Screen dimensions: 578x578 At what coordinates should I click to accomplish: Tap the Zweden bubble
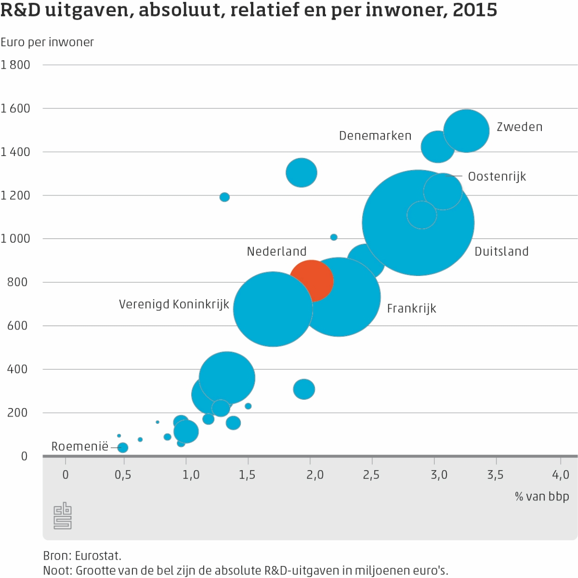pos(466,131)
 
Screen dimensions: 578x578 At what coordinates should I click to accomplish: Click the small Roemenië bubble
pos(123,447)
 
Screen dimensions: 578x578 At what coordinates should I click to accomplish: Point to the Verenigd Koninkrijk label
pos(174,304)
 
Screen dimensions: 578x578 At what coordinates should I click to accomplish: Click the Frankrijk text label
pos(411,308)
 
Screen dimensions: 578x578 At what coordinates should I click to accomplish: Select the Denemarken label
pos(375,136)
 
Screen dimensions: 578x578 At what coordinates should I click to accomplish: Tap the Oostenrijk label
pos(497,176)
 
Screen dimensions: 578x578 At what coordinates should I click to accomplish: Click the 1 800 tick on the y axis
pos(15,65)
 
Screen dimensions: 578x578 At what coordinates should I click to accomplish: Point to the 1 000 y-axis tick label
pos(15,238)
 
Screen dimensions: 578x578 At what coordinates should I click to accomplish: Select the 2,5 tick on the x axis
pos(371,475)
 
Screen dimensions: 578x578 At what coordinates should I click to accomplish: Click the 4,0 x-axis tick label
pos(561,475)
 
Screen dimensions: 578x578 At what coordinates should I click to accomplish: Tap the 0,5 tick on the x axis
pos(123,475)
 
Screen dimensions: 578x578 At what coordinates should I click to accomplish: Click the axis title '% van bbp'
pos(542,496)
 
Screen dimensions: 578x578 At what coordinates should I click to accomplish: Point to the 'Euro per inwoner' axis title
pos(47,42)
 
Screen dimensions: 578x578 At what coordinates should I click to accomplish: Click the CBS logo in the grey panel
pos(63,516)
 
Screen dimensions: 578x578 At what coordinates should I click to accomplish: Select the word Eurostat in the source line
pos(98,556)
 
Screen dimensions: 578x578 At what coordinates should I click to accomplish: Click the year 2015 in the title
pos(475,10)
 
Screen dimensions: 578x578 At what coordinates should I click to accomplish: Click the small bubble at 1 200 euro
pos(224,197)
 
